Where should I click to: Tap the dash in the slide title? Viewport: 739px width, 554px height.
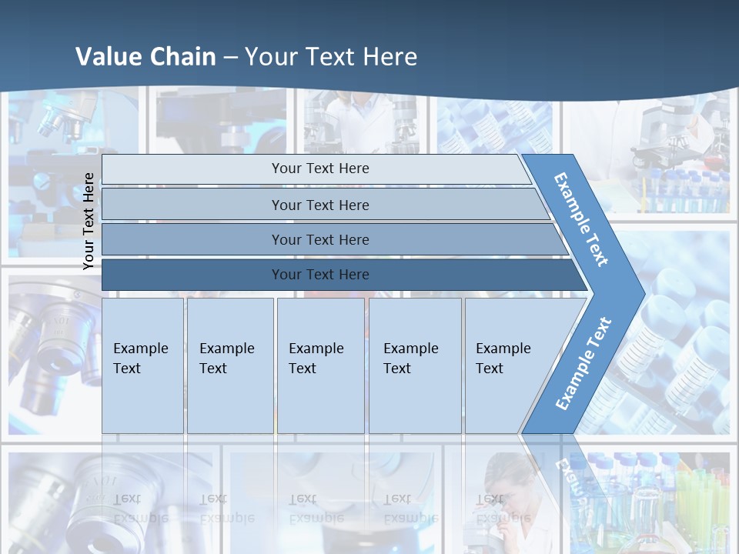(x=230, y=58)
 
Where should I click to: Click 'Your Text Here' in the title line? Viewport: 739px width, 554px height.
(x=331, y=56)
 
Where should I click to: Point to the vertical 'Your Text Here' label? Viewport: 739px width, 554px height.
(x=89, y=221)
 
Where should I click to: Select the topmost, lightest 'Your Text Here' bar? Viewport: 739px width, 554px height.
(x=319, y=169)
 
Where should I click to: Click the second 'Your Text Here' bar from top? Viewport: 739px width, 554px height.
(x=319, y=205)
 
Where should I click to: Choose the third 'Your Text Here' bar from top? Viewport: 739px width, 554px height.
(x=319, y=239)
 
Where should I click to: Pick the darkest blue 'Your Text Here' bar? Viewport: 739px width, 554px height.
(x=319, y=275)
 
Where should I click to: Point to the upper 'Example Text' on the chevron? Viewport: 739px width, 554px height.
(x=581, y=219)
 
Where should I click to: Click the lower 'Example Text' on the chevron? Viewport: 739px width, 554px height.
(x=583, y=363)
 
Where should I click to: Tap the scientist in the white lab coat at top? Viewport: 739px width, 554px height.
(x=354, y=115)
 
